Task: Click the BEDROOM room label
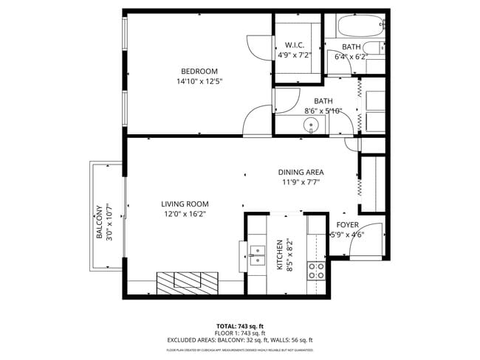tap(199, 72)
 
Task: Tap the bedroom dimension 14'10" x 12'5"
tap(199, 81)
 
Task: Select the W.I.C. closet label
tap(295, 44)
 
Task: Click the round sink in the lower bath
tap(312, 125)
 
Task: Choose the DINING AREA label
tap(301, 172)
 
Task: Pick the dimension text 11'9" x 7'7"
tap(301, 182)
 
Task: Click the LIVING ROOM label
tap(185, 204)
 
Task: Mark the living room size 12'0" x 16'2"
tap(185, 215)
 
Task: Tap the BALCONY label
tap(99, 223)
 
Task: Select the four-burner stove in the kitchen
tap(318, 270)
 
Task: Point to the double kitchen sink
tap(256, 255)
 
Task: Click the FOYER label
tap(348, 225)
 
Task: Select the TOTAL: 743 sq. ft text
tap(240, 326)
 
